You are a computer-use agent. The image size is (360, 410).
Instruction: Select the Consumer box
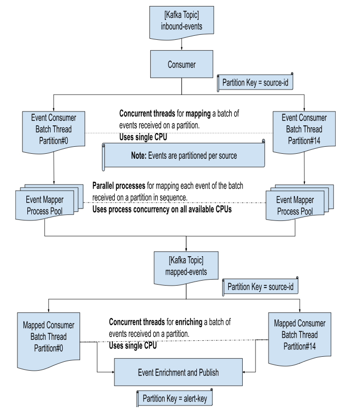pyautogui.click(x=181, y=65)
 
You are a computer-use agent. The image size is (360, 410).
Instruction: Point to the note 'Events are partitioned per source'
pyautogui.click(x=182, y=155)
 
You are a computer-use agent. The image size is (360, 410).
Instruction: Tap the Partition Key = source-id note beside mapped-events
pyautogui.click(x=260, y=287)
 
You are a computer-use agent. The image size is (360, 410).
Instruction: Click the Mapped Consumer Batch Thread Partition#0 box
pyautogui.click(x=49, y=336)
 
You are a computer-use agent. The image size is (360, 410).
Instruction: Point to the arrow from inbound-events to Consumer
pyautogui.click(x=181, y=44)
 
